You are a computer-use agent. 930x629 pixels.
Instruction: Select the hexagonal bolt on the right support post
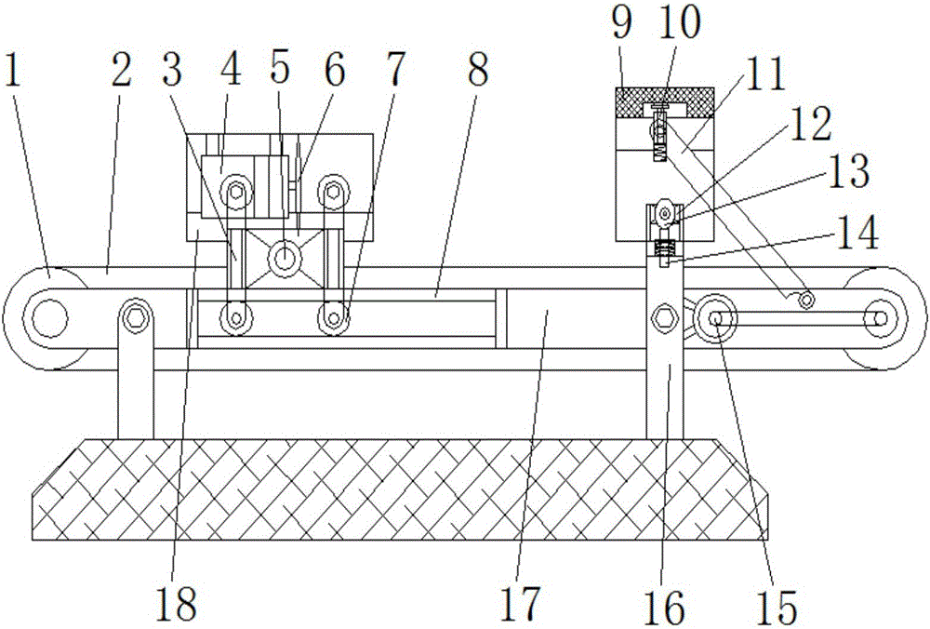665,316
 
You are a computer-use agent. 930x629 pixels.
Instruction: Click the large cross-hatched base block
400,488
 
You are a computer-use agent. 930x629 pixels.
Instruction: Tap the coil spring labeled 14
665,249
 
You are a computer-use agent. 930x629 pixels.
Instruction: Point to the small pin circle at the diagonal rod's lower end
805,300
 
